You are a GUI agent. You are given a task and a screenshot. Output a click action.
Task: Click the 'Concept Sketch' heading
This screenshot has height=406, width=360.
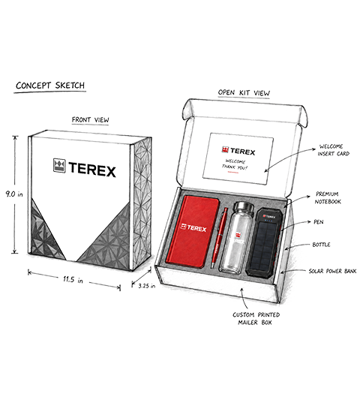pos(50,86)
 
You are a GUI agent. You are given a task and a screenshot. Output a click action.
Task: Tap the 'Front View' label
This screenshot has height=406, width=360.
pos(90,120)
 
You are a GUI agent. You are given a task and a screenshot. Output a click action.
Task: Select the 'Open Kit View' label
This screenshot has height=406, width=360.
pos(244,93)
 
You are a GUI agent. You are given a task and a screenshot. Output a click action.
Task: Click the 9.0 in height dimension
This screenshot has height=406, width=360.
pos(14,194)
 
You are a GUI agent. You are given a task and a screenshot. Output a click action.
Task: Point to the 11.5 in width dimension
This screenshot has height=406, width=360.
pos(73,280)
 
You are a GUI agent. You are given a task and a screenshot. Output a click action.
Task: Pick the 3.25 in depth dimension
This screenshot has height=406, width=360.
pos(147,286)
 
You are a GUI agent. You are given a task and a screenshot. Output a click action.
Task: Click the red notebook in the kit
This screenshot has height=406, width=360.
pos(193,232)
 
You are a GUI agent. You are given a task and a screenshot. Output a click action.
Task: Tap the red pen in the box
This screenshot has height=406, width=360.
pos(219,237)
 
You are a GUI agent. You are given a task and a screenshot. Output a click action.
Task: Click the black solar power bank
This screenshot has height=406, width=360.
pos(263,242)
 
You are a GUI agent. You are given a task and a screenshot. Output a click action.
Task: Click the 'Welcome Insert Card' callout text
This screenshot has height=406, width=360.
pos(334,150)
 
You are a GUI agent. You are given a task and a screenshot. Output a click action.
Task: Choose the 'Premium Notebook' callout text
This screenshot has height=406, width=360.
pos(328,198)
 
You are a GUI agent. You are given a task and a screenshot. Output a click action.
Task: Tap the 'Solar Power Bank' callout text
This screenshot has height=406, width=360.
pos(332,271)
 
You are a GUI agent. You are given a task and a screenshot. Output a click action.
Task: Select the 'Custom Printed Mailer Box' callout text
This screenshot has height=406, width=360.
pos(256,318)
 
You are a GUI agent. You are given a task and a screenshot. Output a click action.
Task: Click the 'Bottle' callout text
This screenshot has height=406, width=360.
pos(321,245)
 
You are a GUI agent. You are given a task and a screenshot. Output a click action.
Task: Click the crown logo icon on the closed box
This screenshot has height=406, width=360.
pos(59,165)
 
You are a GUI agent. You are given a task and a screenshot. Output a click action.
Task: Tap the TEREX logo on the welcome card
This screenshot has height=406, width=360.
pos(238,151)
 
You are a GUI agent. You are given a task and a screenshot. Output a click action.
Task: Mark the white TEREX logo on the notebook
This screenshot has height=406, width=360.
pos(193,228)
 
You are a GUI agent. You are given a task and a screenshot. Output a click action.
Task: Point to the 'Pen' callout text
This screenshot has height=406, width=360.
pos(319,222)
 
